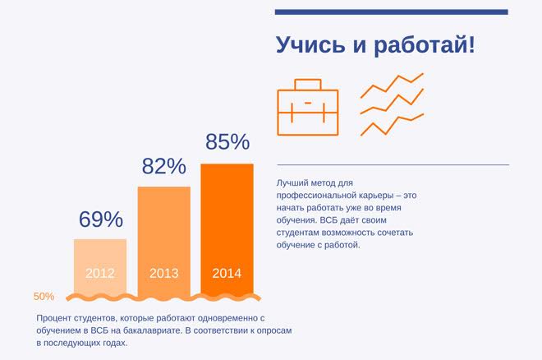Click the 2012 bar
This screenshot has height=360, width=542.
tap(100, 255)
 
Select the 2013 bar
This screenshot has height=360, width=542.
tap(163, 230)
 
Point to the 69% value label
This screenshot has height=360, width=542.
tap(100, 219)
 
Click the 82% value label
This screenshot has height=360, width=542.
tap(163, 167)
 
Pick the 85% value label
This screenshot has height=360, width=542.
tap(227, 142)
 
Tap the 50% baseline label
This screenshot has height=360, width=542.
tap(44, 297)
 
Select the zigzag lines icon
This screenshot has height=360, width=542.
tap(392, 104)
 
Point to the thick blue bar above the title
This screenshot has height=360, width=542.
tap(391, 12)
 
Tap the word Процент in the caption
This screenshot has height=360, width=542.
tap(56, 317)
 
